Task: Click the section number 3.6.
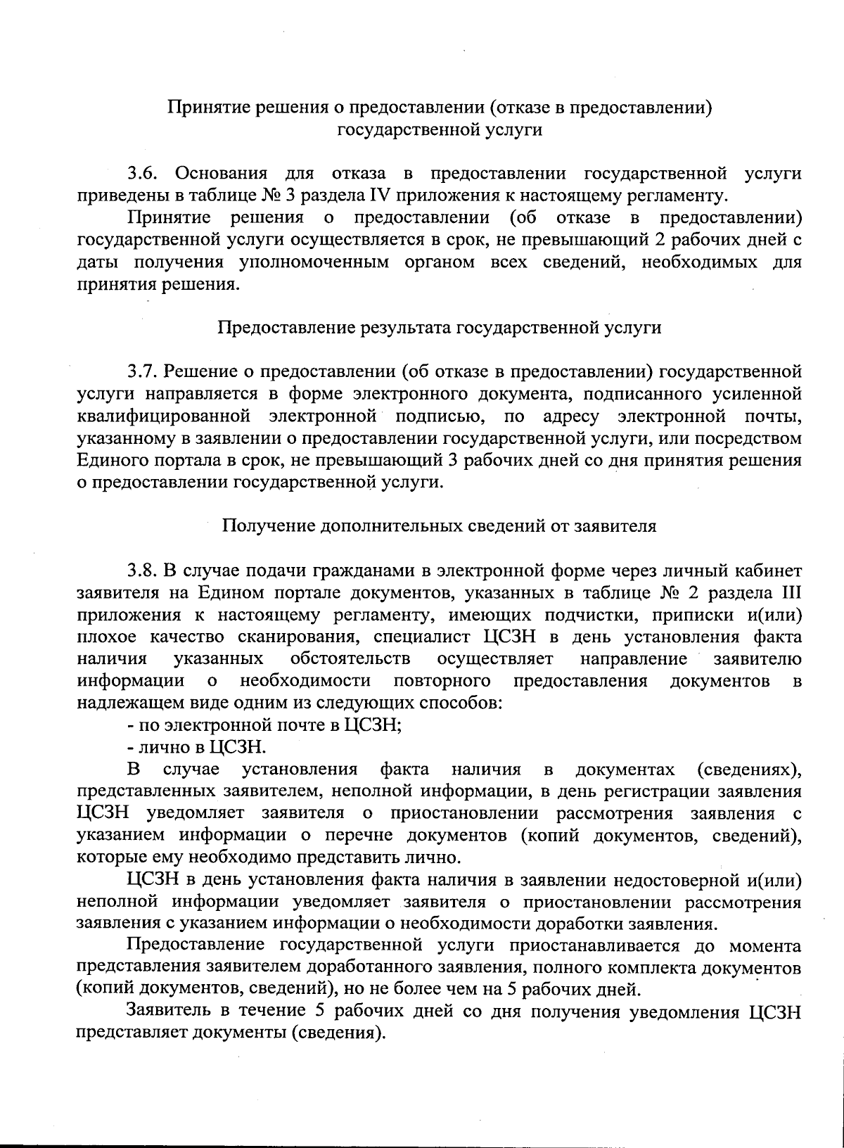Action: (x=146, y=173)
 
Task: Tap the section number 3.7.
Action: (x=146, y=370)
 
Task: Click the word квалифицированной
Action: (x=164, y=416)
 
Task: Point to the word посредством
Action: (x=754, y=439)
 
